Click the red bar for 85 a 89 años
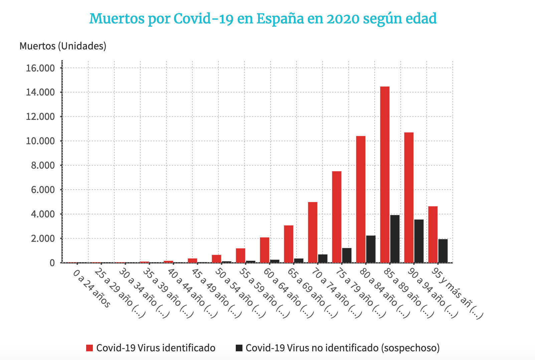pyautogui.click(x=385, y=175)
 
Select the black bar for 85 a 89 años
pyautogui.click(x=395, y=239)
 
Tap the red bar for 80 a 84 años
pyautogui.click(x=361, y=199)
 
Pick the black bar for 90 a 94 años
pyautogui.click(x=419, y=241)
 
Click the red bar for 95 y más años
pyautogui.click(x=433, y=234)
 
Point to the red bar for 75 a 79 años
pyautogui.click(x=337, y=217)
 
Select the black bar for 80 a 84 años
pyautogui.click(x=371, y=249)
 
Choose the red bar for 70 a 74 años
pyautogui.click(x=313, y=232)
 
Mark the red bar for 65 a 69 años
pyautogui.click(x=289, y=244)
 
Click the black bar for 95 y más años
pyautogui.click(x=443, y=251)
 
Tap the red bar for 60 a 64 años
pyautogui.click(x=264, y=250)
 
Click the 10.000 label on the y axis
pyautogui.click(x=40, y=141)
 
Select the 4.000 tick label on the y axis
pyautogui.click(x=43, y=214)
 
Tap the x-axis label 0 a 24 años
pyautogui.click(x=92, y=289)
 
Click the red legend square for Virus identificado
pyautogui.click(x=89, y=348)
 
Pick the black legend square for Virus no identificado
pyautogui.click(x=239, y=348)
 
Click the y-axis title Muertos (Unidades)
pyautogui.click(x=63, y=46)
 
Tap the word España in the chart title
pyautogui.click(x=280, y=19)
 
